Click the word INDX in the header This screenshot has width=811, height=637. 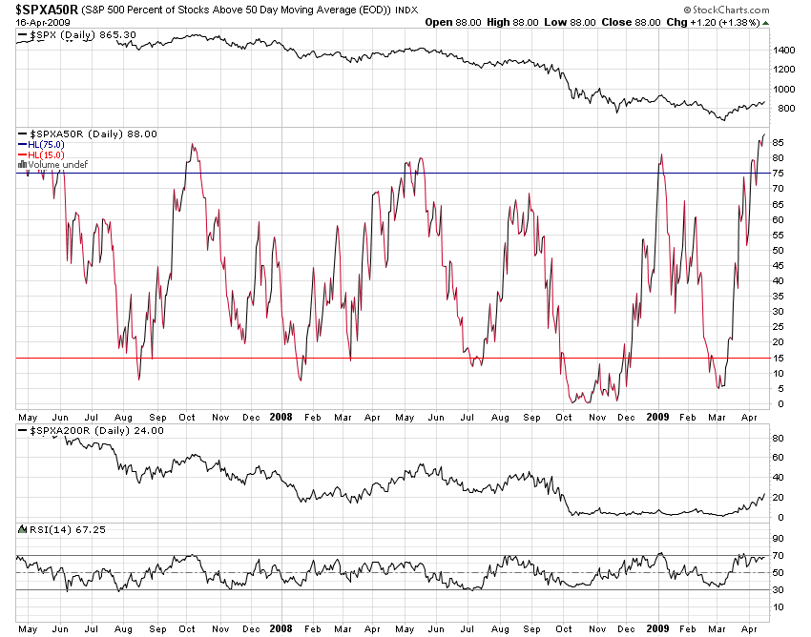tap(405, 10)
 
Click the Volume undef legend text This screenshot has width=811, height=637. tap(56, 165)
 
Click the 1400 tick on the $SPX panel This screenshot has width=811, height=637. tap(784, 50)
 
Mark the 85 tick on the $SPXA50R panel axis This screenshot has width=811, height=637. tap(780, 143)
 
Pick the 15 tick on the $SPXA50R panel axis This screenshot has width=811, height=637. tap(780, 358)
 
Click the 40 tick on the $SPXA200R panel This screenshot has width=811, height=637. tap(780, 478)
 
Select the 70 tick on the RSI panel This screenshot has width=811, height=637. tap(780, 554)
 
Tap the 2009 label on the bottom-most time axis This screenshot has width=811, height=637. tap(656, 629)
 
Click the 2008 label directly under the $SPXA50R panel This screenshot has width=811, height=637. tap(281, 417)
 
